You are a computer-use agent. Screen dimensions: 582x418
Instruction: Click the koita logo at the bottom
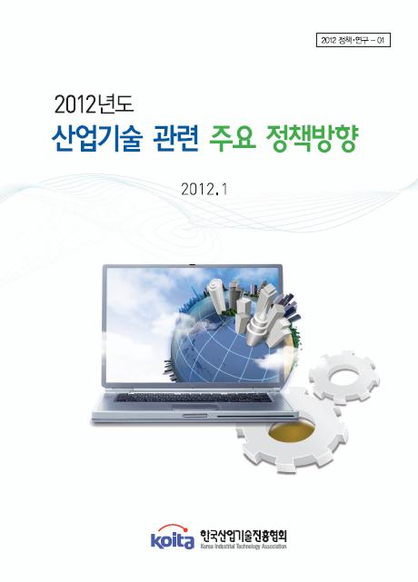[x=172, y=539]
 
